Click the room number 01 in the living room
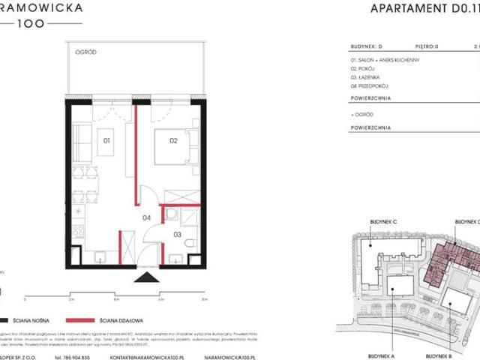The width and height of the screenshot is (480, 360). tap(106, 140)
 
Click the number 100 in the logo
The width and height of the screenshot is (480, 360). tap(37, 23)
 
